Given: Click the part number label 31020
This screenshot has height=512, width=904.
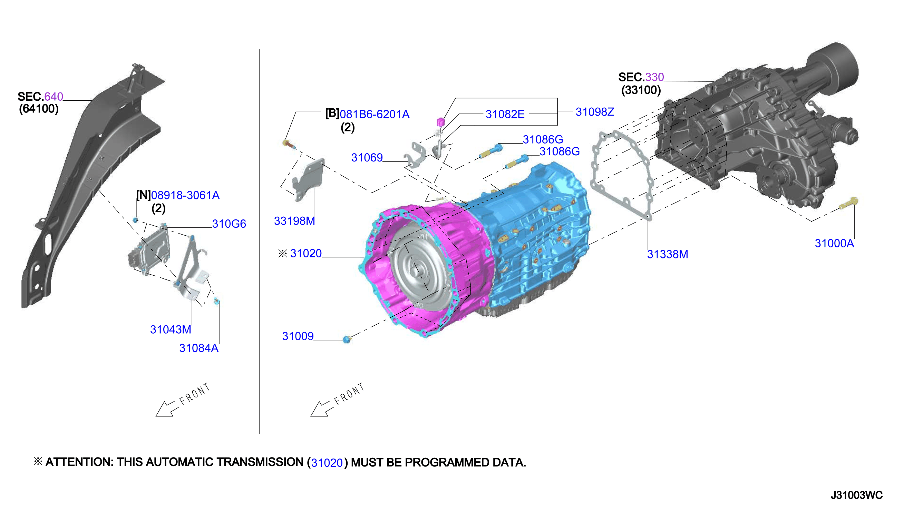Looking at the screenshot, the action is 306,253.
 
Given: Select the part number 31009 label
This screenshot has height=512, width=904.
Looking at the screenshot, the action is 298,336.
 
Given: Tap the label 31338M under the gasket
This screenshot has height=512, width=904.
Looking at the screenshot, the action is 667,254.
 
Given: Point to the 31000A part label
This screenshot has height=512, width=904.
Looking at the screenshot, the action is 834,243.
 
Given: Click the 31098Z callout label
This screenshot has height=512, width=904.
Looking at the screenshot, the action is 595,112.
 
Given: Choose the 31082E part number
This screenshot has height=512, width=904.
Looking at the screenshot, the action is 505,114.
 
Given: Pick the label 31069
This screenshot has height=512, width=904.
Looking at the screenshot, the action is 367,158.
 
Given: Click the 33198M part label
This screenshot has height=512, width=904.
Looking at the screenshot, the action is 294,221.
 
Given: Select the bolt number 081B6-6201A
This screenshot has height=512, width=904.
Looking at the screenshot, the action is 375,114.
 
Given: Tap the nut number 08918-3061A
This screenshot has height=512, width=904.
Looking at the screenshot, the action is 185,195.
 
